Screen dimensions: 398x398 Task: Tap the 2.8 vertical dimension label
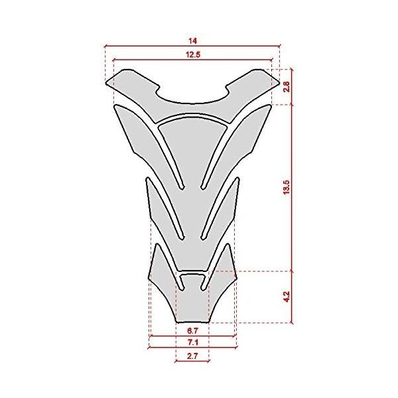(287, 86)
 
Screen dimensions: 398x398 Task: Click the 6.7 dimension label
(193, 330)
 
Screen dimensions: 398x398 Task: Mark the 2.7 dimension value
(193, 356)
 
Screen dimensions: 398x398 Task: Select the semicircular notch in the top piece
(193, 96)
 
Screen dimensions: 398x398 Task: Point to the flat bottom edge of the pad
(192, 323)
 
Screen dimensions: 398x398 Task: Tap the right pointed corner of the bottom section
(237, 281)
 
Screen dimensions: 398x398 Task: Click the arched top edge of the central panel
(193, 117)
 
